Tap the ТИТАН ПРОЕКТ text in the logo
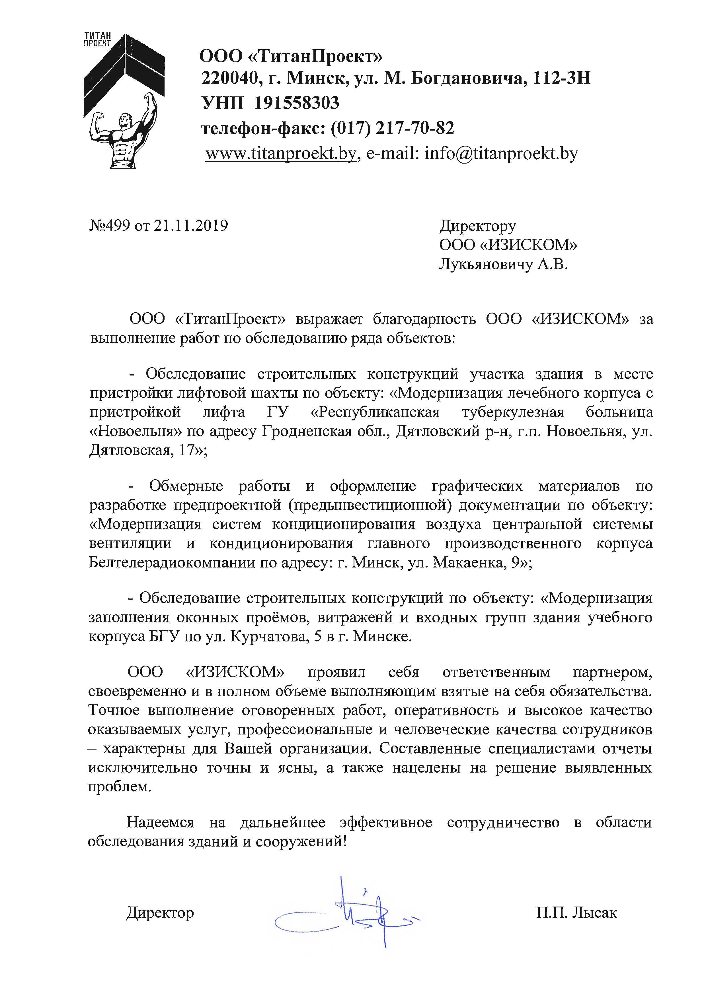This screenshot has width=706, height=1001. pos(97,39)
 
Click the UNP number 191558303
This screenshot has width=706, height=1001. pos(296,103)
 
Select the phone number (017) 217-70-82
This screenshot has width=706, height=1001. pos(392,128)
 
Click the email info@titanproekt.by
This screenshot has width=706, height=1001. pos(501,153)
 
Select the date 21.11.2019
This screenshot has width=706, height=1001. pos(191,226)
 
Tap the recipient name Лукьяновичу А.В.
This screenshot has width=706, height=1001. pos(503,265)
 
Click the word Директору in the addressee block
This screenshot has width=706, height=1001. pos(477,226)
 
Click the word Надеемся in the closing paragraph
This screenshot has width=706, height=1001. pos(160,822)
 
